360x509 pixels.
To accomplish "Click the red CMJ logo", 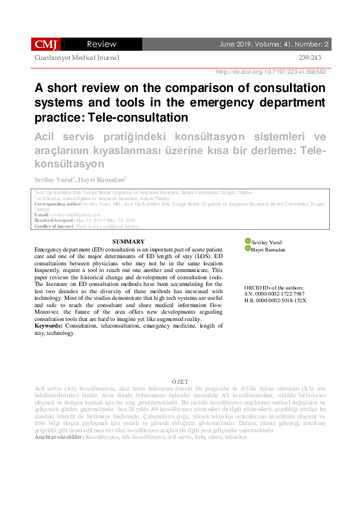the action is (x=46, y=44).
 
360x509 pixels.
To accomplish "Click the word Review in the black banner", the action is (x=102, y=44).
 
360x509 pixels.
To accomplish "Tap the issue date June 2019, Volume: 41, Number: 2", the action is (x=274, y=44).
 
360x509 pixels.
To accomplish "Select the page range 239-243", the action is (x=310, y=57).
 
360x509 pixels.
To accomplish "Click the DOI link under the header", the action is (x=271, y=71).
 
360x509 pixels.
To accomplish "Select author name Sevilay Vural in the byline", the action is (x=53, y=180).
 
